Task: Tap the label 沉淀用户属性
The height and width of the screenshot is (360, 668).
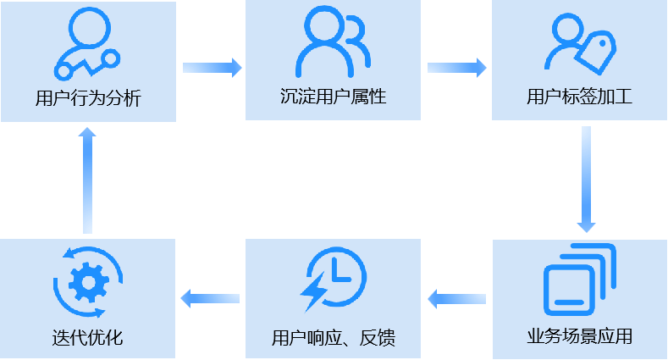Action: click(x=333, y=97)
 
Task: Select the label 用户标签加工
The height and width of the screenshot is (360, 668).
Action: click(x=579, y=97)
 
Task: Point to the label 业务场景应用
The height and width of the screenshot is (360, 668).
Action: click(x=579, y=336)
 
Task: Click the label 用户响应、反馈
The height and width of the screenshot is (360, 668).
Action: click(x=334, y=339)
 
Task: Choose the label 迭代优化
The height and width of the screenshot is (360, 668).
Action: click(x=88, y=338)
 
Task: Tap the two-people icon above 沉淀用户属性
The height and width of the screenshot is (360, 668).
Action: click(x=333, y=42)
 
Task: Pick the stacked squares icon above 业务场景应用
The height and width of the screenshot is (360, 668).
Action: click(x=579, y=280)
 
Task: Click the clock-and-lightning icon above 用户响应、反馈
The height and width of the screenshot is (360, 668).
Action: click(x=334, y=280)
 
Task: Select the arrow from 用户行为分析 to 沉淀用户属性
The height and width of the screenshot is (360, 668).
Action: click(x=212, y=67)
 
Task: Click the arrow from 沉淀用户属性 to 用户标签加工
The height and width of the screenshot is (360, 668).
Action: click(x=456, y=67)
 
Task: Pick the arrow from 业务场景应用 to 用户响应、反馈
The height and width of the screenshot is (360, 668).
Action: click(x=457, y=298)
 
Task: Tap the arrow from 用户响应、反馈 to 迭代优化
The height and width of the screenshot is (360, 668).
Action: click(x=211, y=297)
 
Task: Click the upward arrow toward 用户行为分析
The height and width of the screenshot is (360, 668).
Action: click(x=87, y=180)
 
